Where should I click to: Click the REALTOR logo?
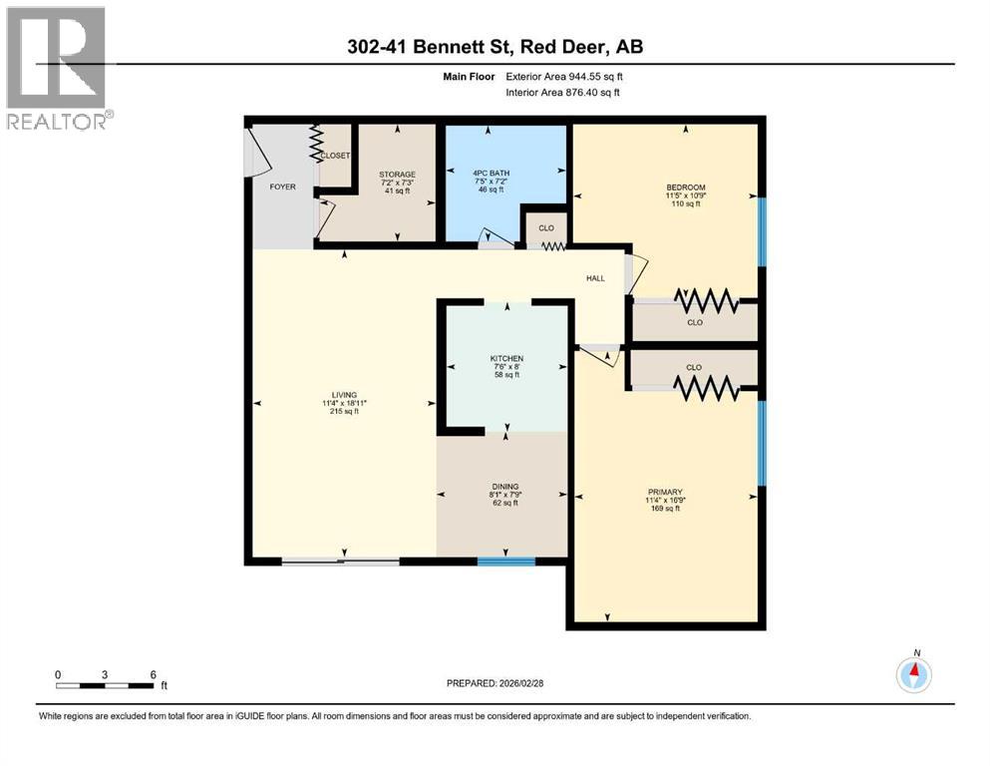pyautogui.click(x=56, y=68)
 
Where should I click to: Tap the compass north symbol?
pyautogui.click(x=914, y=674)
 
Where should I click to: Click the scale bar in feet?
pyautogui.click(x=106, y=685)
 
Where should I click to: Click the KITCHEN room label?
pyautogui.click(x=506, y=358)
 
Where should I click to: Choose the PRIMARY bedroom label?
pyautogui.click(x=664, y=492)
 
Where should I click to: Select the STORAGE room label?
pyautogui.click(x=397, y=175)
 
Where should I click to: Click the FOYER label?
pyautogui.click(x=282, y=187)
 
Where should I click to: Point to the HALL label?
pyautogui.click(x=596, y=278)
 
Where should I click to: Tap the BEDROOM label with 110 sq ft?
pyautogui.click(x=686, y=188)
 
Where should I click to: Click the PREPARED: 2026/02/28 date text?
pyautogui.click(x=495, y=683)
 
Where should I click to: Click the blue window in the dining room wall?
pyautogui.click(x=505, y=562)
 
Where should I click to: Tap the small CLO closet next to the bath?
pyautogui.click(x=546, y=228)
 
